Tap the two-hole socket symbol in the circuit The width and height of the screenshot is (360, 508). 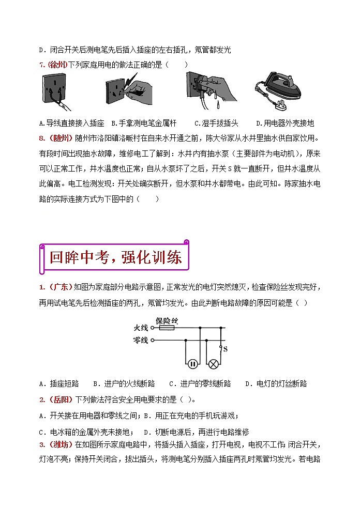192,363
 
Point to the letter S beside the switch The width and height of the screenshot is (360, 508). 226,349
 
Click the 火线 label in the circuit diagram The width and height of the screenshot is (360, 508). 141,328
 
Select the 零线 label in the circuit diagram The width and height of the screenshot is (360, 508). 141,340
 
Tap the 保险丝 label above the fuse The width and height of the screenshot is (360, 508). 167,320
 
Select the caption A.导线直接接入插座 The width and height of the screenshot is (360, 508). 71,124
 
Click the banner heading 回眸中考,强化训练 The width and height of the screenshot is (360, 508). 115,257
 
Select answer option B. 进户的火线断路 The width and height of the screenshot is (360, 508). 124,383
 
